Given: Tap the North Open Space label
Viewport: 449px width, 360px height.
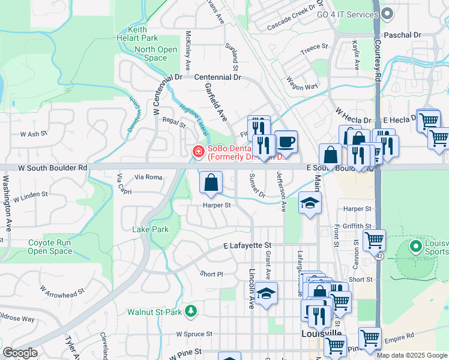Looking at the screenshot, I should pos(155,54).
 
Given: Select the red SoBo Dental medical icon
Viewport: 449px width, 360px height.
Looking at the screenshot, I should pos(197,152).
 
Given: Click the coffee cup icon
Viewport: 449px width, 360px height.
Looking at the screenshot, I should pos(286,141).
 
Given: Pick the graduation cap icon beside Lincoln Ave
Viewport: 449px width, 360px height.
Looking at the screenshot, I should pos(266,294).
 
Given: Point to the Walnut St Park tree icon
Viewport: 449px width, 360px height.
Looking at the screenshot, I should pos(190,311).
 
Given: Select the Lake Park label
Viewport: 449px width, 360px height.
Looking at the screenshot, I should pos(150,229).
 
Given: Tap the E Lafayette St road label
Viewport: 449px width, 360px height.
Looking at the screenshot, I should pos(247,245).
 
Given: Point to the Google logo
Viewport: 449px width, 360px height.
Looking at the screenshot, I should pos(20,353).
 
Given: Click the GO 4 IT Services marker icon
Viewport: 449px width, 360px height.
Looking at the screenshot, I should pos(387,13).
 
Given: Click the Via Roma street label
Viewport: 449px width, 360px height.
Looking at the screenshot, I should pos(148,177).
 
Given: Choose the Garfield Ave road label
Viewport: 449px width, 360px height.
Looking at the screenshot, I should pos(214,101).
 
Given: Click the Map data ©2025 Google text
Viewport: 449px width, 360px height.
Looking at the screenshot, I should pos(411,355).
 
